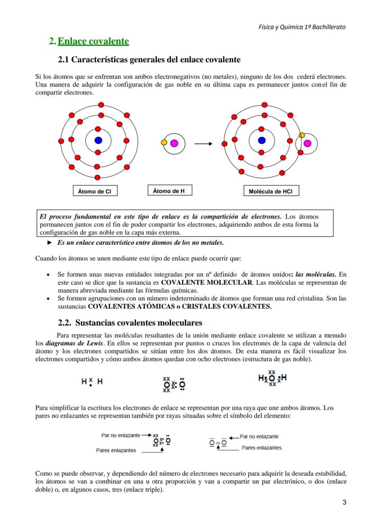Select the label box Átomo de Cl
click(95, 191)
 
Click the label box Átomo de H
click(169, 191)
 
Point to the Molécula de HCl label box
click(271, 191)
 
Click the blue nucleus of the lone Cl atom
click(98, 140)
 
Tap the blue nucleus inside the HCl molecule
click(262, 140)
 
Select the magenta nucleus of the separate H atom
click(174, 143)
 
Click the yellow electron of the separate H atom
click(164, 143)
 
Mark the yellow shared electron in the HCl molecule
click(302, 135)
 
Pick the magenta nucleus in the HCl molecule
click(308, 144)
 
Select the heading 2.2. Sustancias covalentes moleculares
click(130, 323)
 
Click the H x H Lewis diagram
click(92, 382)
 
